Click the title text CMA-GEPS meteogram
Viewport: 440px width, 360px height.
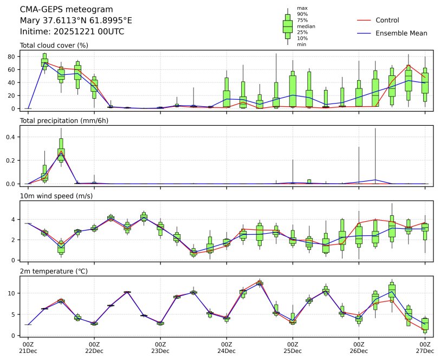(x=66, y=10)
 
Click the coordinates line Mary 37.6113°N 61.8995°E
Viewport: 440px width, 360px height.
(x=75, y=21)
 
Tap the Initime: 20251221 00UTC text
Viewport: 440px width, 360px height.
(x=72, y=31)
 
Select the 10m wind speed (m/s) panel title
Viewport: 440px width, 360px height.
(x=54, y=196)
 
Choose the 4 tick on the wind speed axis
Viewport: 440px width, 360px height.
(x=15, y=220)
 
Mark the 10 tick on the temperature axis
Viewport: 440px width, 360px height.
(x=13, y=293)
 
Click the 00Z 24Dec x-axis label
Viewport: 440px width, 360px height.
(x=227, y=348)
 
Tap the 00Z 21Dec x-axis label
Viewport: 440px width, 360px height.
(x=28, y=348)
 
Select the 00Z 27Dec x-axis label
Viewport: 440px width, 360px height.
(x=425, y=348)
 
